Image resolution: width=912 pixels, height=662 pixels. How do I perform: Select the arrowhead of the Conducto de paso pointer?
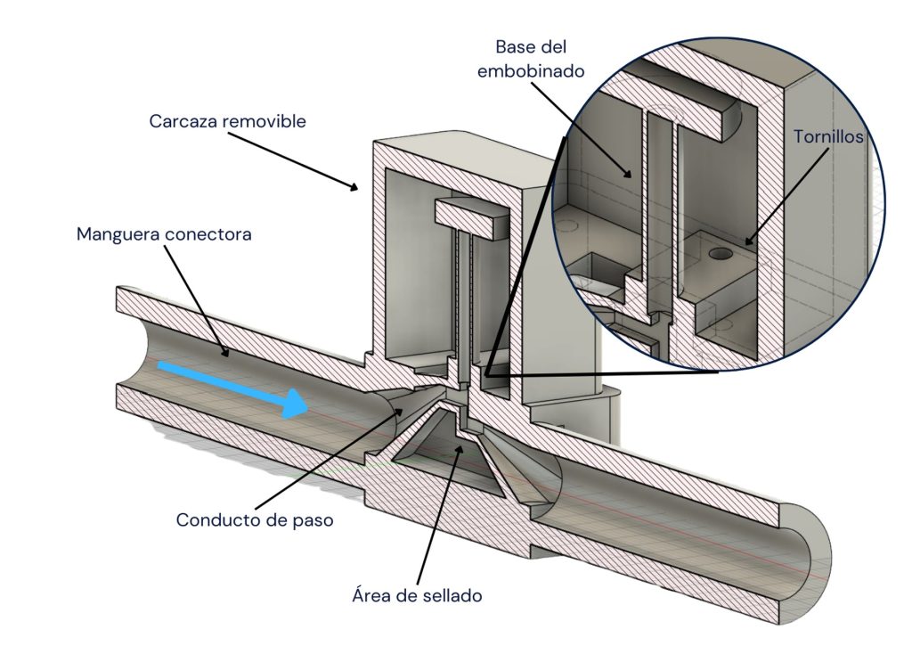point(399,408)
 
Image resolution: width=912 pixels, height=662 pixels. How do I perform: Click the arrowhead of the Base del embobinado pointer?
point(633,175)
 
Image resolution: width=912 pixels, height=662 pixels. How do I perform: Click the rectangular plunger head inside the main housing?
point(469,215)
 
